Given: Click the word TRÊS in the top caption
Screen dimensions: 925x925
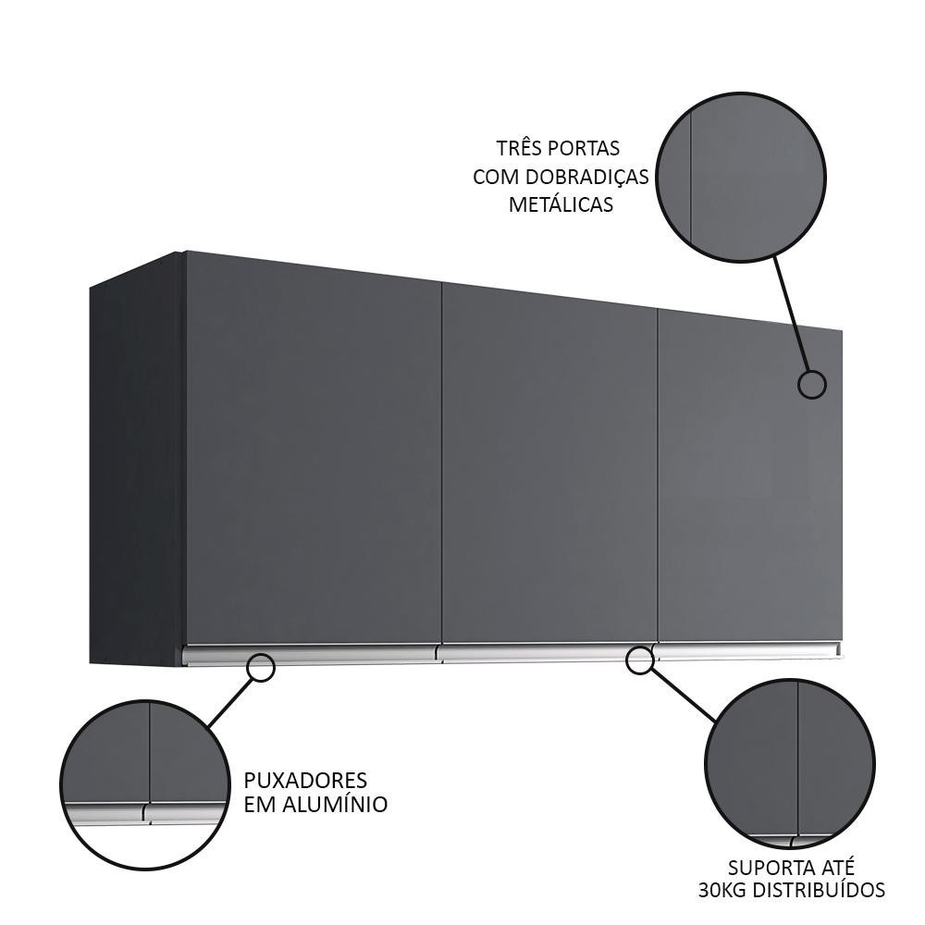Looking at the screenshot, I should pyautogui.click(x=518, y=148).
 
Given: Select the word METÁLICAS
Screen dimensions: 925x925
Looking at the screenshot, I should pyautogui.click(x=561, y=204).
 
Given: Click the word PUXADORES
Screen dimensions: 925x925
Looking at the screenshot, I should pyautogui.click(x=306, y=780).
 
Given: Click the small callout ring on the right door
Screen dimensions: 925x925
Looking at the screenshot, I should pyautogui.click(x=811, y=384).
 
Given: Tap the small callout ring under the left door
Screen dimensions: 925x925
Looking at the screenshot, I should pyautogui.click(x=262, y=667).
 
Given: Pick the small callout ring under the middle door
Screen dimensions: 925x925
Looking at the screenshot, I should pyautogui.click(x=639, y=660).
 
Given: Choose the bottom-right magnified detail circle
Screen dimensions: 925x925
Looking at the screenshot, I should pyautogui.click(x=789, y=765).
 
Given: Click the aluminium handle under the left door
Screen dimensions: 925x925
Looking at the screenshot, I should pyautogui.click(x=310, y=655).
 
